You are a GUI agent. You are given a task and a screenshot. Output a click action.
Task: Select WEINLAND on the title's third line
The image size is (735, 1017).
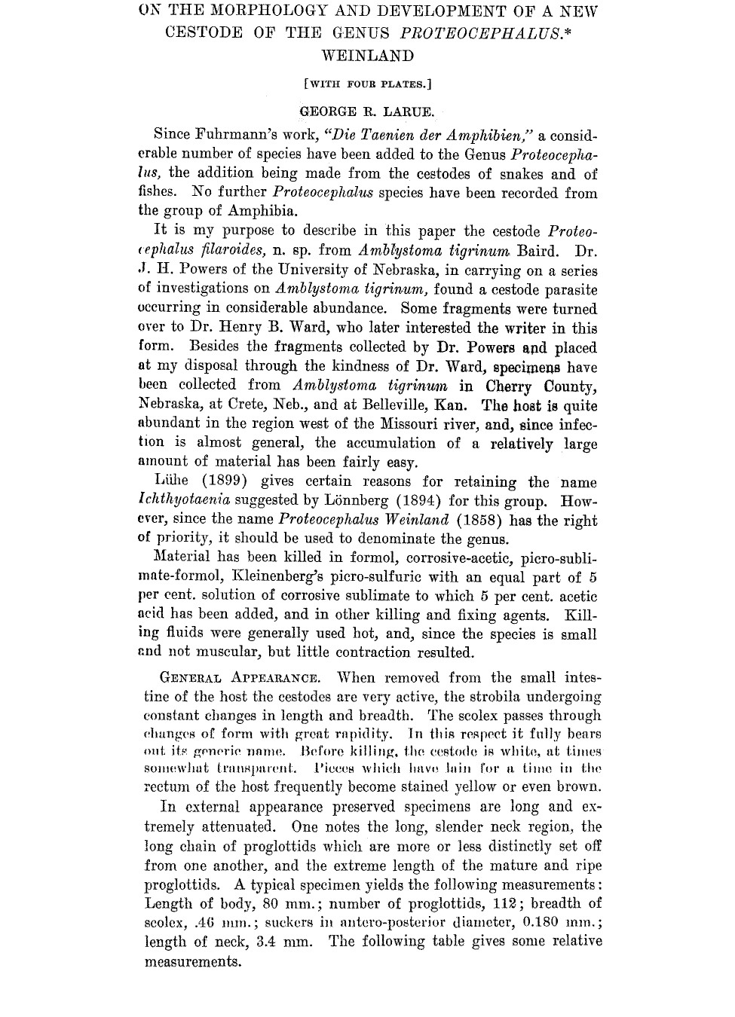367,56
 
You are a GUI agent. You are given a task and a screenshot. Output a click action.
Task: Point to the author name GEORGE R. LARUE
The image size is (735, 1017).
367,112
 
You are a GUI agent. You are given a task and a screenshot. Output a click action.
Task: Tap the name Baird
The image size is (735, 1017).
537,251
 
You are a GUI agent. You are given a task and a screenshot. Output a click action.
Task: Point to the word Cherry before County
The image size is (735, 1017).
509,386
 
